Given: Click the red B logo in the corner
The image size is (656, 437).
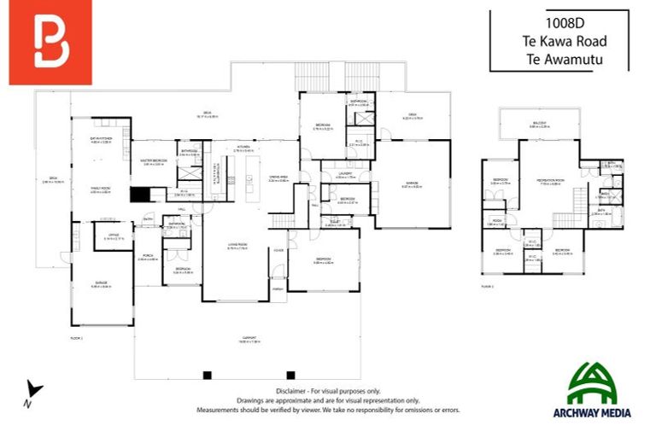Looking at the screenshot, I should [50, 43].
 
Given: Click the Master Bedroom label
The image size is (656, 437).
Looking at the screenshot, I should [155, 161].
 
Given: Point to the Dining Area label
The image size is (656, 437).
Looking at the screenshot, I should [278, 178].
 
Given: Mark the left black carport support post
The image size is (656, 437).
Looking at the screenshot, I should [206, 374].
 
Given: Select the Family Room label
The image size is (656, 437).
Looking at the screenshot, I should [102, 189].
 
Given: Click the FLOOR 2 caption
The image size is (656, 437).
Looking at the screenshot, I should [487, 287].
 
